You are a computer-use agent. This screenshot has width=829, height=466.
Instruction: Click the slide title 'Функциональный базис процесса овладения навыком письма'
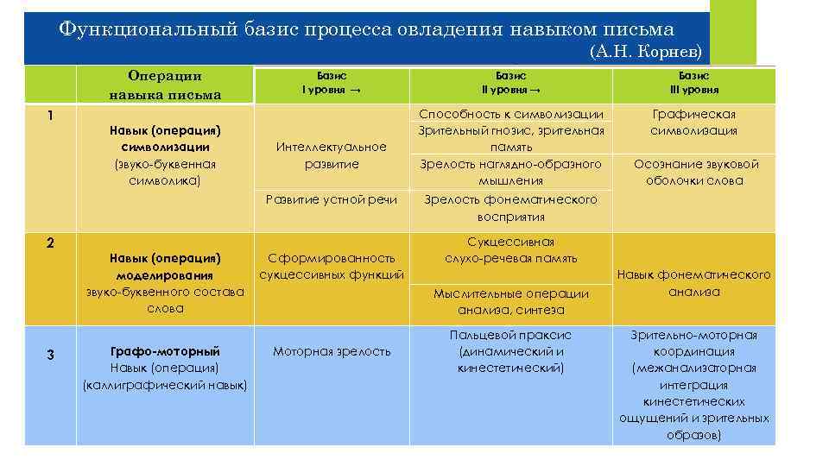367,28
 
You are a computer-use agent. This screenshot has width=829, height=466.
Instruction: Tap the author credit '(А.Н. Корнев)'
648,52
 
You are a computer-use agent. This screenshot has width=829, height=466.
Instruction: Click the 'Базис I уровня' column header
331,83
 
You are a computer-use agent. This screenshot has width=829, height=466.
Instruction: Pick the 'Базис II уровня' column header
510,83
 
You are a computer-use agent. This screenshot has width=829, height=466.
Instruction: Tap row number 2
50,243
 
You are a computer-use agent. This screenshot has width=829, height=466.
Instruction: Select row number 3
50,355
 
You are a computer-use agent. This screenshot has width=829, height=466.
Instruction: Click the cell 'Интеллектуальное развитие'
332,155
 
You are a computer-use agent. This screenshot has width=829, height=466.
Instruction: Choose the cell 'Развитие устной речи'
332,199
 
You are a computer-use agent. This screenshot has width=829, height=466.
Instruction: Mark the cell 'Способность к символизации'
510,114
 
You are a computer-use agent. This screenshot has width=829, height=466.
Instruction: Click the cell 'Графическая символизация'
693,123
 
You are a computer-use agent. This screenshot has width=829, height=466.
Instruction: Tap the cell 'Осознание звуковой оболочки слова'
695,172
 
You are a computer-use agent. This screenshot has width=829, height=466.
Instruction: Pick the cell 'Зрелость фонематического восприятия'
510,208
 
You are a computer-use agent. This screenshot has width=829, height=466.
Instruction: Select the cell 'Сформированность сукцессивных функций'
332,266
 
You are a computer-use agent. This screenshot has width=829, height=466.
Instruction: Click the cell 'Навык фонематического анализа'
693,283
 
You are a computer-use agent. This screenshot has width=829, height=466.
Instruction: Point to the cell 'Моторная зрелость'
332,351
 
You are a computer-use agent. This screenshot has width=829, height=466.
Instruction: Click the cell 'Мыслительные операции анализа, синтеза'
510,301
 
